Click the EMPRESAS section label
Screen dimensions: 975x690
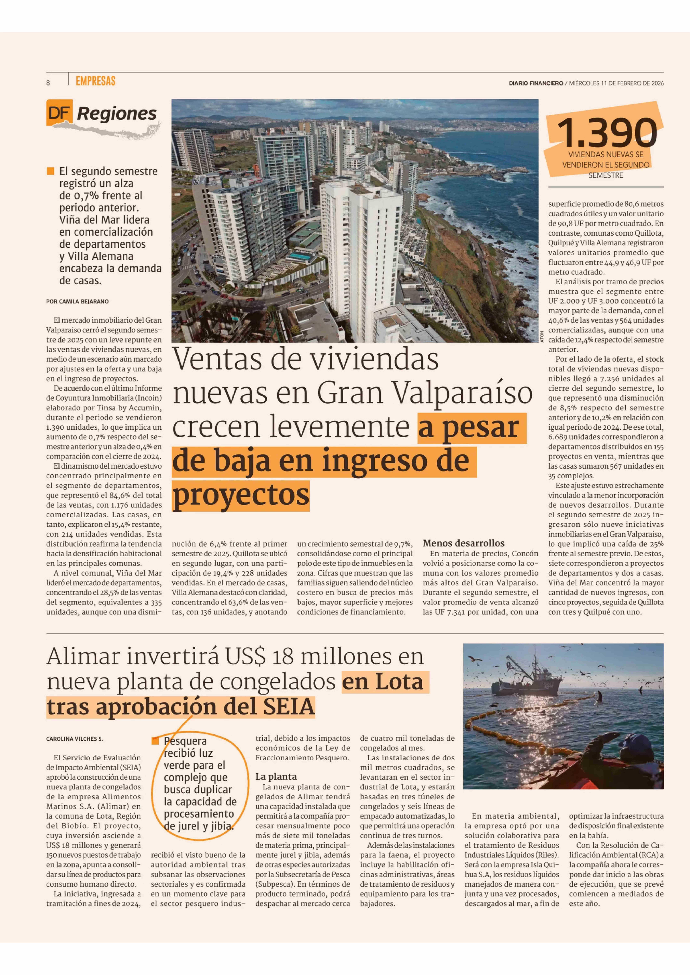[x=96, y=81]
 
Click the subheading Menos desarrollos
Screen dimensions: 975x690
[x=464, y=543]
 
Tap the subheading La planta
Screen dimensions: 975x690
[x=276, y=777]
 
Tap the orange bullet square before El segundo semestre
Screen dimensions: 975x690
[x=51, y=171]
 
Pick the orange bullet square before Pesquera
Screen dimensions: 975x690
[x=155, y=741]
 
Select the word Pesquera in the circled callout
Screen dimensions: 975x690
[x=185, y=741]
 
